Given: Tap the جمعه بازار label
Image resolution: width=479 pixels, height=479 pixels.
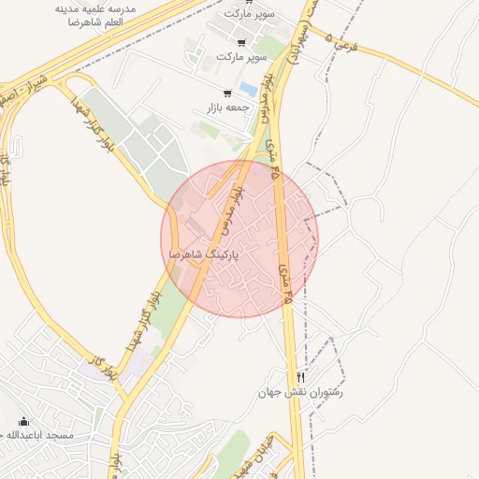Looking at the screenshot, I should click(x=229, y=108).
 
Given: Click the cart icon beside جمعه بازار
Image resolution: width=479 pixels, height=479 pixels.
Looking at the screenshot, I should click(x=227, y=93).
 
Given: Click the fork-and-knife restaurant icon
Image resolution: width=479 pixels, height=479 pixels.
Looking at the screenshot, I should click(x=300, y=377).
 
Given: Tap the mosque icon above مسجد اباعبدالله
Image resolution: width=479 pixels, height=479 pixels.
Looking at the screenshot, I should click(x=23, y=422).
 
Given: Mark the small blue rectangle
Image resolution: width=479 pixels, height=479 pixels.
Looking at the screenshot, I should click(x=248, y=89).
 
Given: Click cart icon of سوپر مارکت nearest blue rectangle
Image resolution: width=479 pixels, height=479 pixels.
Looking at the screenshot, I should click(x=242, y=42).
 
